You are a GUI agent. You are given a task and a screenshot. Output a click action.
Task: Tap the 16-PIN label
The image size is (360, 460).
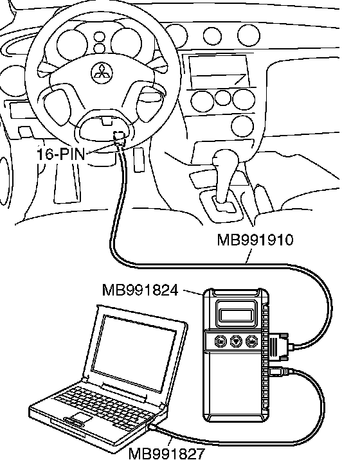[61, 154]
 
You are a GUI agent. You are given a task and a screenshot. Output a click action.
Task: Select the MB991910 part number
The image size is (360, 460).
[255, 240]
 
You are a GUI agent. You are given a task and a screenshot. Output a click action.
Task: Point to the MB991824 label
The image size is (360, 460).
[140, 290]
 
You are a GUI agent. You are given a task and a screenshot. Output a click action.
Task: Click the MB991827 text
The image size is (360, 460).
[166, 453]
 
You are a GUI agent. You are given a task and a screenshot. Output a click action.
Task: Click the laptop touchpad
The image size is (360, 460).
[80, 416]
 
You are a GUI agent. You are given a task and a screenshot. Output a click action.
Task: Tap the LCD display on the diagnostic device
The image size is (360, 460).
[236, 315]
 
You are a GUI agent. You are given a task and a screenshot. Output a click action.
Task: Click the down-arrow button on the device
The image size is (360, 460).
[236, 341]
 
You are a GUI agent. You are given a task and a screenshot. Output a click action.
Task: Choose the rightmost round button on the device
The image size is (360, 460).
[251, 341]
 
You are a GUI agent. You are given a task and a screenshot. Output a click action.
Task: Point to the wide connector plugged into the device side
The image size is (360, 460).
[278, 347]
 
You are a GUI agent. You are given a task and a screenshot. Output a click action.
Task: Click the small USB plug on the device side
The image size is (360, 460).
[279, 371]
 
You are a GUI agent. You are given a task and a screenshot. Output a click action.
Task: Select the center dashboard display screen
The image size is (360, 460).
[218, 71]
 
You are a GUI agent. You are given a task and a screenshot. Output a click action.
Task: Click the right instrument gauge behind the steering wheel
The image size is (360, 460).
[126, 44]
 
